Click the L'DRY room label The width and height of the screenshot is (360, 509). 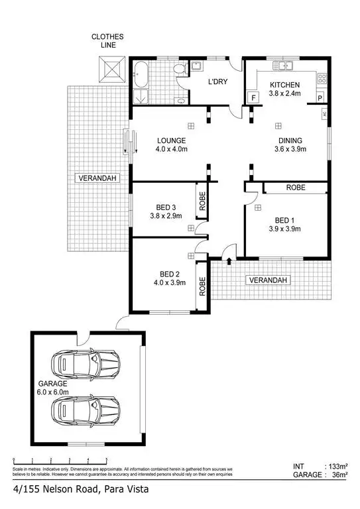click(218, 82)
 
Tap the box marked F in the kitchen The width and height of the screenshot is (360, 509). click(253, 97)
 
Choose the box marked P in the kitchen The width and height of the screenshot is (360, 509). click(320, 97)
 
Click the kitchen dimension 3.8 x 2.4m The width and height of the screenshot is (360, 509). click(284, 94)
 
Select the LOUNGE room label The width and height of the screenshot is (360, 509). click(171, 141)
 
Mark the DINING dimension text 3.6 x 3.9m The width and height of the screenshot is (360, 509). click(290, 150)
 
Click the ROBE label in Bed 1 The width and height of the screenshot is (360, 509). click(296, 188)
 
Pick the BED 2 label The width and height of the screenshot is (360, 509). click(170, 274)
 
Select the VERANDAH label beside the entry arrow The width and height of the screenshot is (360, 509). click(268, 280)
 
